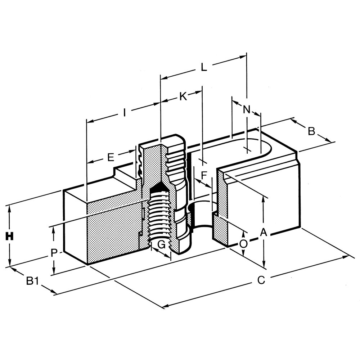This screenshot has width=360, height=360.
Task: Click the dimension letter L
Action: point(204,67)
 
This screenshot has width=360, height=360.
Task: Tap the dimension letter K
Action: point(183,96)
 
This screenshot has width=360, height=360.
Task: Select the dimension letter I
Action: point(124,113)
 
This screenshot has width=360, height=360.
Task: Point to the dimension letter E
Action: point(111,157)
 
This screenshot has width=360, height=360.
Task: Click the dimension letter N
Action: point(246,109)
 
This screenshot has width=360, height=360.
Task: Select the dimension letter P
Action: point(54,253)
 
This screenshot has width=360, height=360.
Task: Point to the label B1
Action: point(32,280)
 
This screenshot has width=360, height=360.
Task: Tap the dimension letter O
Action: point(243,244)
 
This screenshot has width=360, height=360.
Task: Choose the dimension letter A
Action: point(264,232)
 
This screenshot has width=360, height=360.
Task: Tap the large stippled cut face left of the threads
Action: point(112,230)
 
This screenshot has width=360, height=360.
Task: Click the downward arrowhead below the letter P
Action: point(54,271)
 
